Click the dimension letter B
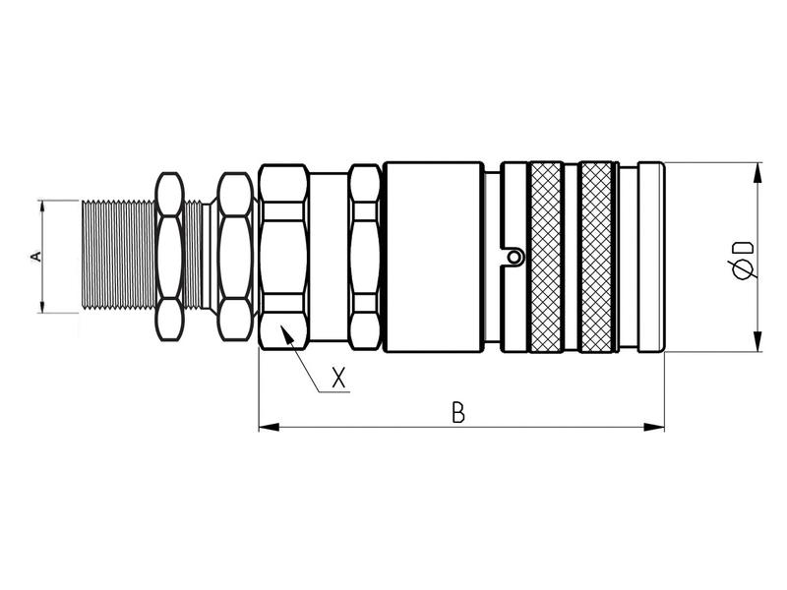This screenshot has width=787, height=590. click(457, 412)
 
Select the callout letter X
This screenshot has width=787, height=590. click(339, 378)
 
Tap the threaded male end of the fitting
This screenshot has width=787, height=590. click(113, 257)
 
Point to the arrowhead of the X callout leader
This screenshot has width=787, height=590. click(285, 333)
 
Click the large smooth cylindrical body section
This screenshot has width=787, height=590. click(433, 257)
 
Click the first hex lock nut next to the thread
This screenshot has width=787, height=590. click(169, 257)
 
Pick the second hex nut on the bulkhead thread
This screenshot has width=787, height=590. click(234, 257)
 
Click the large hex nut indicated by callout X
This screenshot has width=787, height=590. click(285, 257)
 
